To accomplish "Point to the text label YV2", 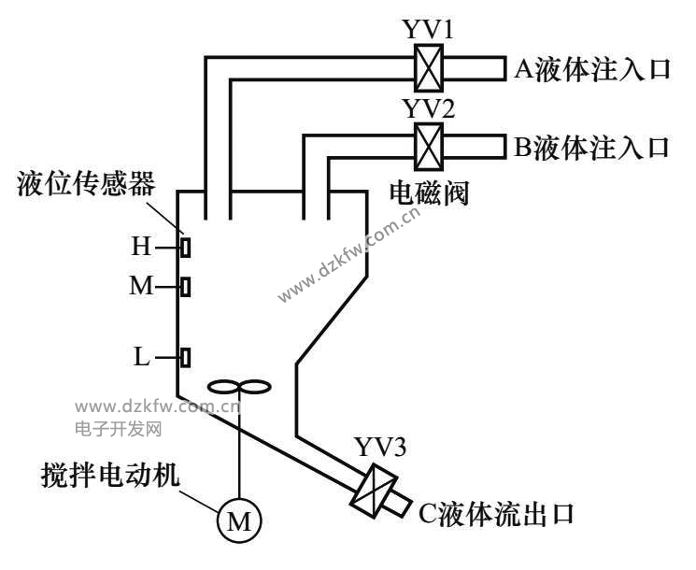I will (x=428, y=108).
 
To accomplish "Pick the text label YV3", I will (x=379, y=448).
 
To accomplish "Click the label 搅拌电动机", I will (x=109, y=474).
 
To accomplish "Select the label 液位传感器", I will (x=85, y=183).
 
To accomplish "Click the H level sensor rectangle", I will (x=186, y=248).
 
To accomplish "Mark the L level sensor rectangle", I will (x=186, y=356).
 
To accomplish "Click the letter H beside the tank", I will (x=140, y=247).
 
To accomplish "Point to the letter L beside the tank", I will (x=141, y=356).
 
